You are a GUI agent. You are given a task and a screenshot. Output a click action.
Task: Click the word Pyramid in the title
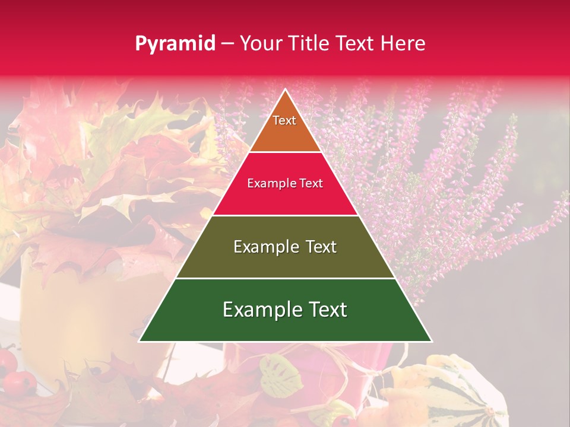coord(175,44)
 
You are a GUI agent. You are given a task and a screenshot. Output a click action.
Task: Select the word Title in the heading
coord(311,44)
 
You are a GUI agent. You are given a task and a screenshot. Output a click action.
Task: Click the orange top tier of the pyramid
coord(285,133)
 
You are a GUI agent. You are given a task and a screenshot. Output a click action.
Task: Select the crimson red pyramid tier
coord(285,199)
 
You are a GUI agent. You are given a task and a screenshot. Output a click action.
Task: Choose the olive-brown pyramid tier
coord(285,261)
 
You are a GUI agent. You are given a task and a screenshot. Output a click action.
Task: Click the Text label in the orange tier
coord(284,120)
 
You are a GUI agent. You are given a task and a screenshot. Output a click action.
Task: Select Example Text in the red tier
coord(285,184)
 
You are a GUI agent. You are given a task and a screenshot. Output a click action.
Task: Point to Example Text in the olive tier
coord(285,247)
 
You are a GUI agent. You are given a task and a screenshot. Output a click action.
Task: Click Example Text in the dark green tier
coord(285,310)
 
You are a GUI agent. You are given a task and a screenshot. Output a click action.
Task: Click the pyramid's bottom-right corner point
coord(431,341)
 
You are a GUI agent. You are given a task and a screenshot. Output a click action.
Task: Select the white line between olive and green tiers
coord(285,278)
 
